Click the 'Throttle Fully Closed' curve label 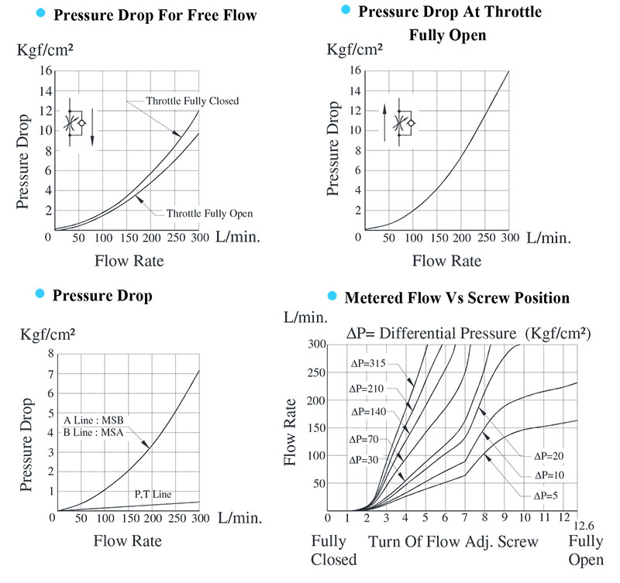[192, 101]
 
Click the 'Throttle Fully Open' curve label [209, 213]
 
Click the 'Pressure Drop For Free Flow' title [154, 15]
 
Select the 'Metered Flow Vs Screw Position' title [456, 297]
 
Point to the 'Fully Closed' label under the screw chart [333, 549]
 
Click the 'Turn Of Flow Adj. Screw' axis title [454, 540]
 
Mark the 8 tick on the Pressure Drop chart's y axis [51, 354]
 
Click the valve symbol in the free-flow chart [80, 122]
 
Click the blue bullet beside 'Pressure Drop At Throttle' [346, 10]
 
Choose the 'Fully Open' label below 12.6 [586, 549]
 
